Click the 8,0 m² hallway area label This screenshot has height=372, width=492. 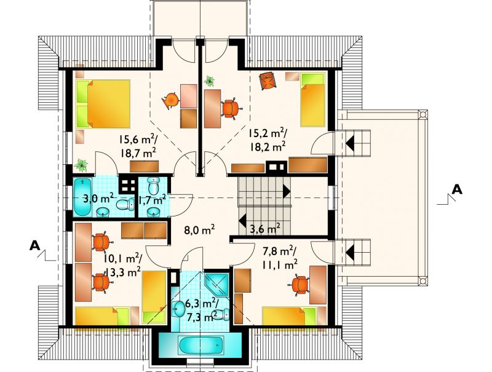tap(199, 230)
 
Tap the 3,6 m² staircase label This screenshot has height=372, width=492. tap(265, 229)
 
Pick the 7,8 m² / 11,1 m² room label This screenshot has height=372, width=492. tap(279, 258)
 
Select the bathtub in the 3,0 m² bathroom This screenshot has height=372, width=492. tap(82, 197)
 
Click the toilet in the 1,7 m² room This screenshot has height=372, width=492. tap(153, 186)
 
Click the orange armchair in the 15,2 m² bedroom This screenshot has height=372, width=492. tap(268, 81)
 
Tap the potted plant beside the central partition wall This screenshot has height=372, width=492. tap(209, 81)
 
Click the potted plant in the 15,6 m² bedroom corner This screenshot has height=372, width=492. tap(81, 165)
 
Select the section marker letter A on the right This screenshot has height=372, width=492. tap(456, 189)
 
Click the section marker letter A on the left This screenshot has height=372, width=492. tap(35, 245)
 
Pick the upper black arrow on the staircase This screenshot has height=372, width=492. tap(286, 191)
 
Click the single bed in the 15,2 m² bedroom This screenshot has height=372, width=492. tap(312, 100)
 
